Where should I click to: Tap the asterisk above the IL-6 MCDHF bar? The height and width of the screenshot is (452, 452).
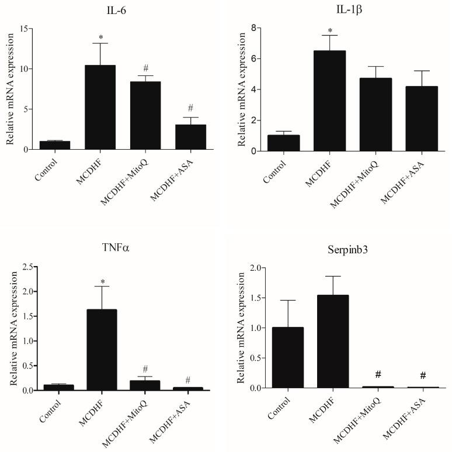[x=100, y=35]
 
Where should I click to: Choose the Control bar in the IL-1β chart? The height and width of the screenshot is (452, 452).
[x=287, y=143]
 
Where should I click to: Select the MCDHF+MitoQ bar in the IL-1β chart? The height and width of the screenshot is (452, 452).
[x=370, y=115]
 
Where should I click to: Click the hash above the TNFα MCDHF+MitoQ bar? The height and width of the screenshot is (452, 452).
[x=145, y=370]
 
